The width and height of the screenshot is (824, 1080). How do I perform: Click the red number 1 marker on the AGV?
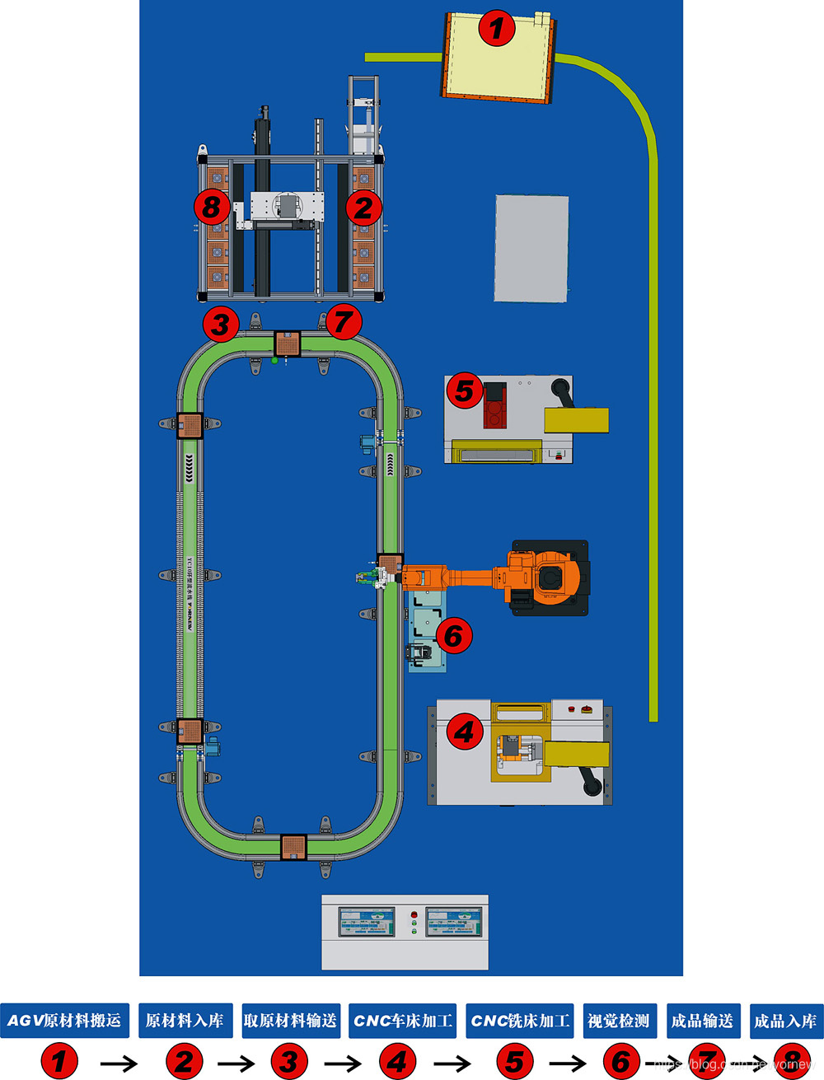coord(496,29)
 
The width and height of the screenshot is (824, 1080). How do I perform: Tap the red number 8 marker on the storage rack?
coord(212,206)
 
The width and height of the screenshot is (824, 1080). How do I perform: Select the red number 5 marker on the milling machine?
coord(464,391)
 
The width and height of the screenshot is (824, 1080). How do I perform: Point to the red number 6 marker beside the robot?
coord(453,635)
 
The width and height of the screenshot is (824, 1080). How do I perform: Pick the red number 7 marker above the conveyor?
coord(344,321)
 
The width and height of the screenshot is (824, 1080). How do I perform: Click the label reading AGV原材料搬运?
coord(64,1021)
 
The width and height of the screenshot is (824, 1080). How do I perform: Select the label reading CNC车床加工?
coord(402,1021)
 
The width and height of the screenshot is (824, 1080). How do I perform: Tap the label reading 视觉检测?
coord(619,1021)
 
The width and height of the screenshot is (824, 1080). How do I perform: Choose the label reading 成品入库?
coord(785,1021)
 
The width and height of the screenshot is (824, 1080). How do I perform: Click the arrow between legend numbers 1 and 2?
coord(119,1064)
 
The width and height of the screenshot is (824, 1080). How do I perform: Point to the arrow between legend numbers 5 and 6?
coord(568,1064)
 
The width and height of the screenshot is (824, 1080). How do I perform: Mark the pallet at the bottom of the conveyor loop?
coord(293,847)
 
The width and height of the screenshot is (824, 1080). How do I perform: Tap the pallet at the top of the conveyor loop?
coord(287,343)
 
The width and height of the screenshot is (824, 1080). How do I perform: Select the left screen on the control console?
coord(367,922)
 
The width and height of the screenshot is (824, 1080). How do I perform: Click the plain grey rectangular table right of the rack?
coord(531,248)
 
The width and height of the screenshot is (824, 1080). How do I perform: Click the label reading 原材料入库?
coord(185,1021)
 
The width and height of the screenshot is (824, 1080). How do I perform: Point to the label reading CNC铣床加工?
coord(520,1021)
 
